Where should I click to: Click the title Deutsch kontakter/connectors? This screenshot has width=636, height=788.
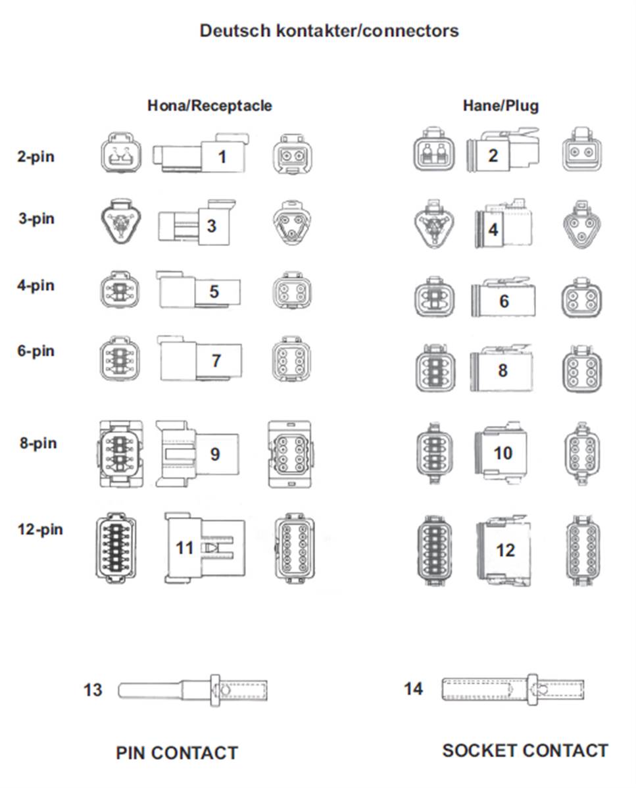click(x=329, y=31)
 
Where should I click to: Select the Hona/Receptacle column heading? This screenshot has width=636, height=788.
click(x=210, y=105)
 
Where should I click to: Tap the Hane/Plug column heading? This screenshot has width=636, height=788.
click(x=501, y=105)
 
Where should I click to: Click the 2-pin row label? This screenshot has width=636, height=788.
click(x=36, y=157)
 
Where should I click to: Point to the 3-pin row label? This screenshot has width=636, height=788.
click(x=37, y=218)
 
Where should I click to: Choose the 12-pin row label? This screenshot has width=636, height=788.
click(x=40, y=529)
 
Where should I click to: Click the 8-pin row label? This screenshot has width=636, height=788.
click(x=38, y=443)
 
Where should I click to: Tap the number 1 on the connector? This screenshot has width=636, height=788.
click(x=222, y=157)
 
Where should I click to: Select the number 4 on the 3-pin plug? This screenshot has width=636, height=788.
click(x=493, y=230)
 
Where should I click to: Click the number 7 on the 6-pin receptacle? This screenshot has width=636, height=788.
click(x=216, y=360)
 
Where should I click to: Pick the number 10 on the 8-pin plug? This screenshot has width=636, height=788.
click(x=503, y=453)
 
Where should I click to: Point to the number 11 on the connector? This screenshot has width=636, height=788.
click(x=184, y=547)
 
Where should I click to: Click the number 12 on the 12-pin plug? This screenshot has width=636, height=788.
click(x=505, y=551)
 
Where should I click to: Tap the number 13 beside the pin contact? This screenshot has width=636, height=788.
click(x=93, y=690)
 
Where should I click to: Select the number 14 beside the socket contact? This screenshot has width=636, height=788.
click(x=414, y=689)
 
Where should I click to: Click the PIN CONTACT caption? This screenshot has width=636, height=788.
click(x=177, y=753)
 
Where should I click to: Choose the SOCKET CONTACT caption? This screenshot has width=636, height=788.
click(x=525, y=751)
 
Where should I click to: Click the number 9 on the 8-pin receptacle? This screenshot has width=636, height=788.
click(x=215, y=455)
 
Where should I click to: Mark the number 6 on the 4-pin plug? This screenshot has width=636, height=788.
click(x=504, y=301)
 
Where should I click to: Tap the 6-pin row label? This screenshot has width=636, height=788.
click(x=36, y=351)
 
